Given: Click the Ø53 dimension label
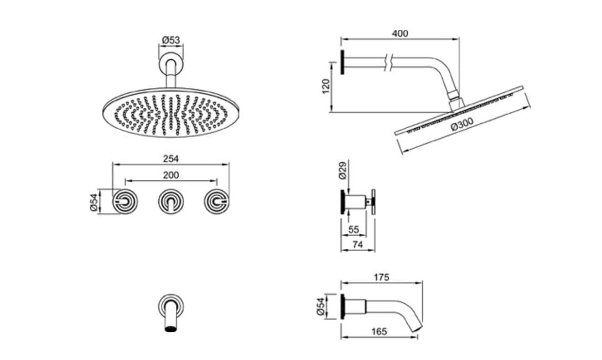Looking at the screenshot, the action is (171, 39).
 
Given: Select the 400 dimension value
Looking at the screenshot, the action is (399, 34).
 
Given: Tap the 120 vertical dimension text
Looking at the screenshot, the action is (326, 86).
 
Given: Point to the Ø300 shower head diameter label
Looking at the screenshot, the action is (462, 123).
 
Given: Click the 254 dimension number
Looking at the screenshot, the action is (171, 159).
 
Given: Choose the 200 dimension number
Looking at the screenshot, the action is (171, 175).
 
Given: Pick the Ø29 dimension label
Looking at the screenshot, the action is (342, 170).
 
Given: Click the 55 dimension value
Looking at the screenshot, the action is (353, 229).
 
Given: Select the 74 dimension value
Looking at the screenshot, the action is (357, 244).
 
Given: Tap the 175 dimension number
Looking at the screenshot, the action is (381, 277).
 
